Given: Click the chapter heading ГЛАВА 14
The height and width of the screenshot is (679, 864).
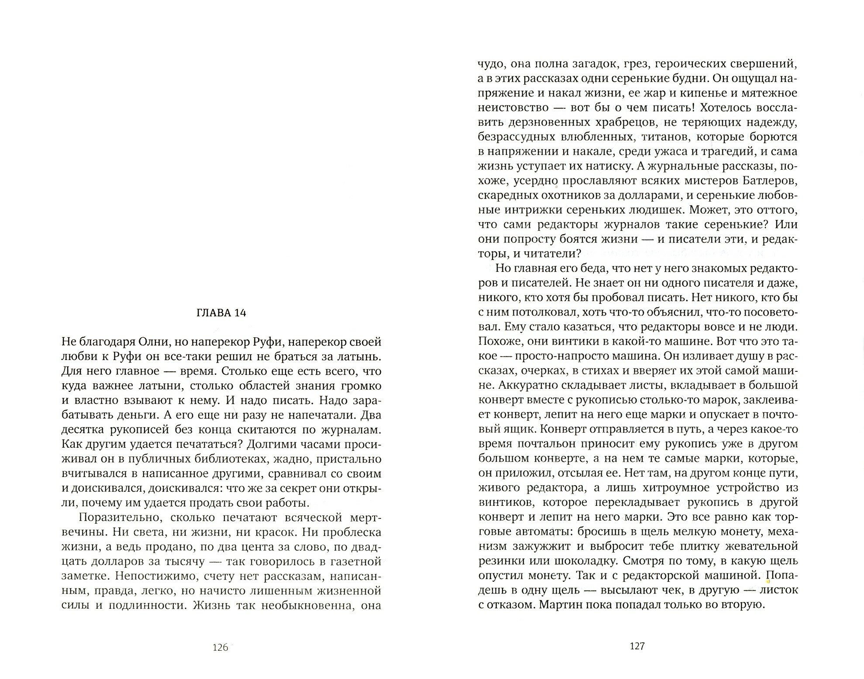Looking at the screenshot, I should (221, 313).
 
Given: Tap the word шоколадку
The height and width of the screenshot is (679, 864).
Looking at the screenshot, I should (589, 561).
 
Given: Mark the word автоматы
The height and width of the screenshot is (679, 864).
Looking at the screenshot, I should (542, 532).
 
